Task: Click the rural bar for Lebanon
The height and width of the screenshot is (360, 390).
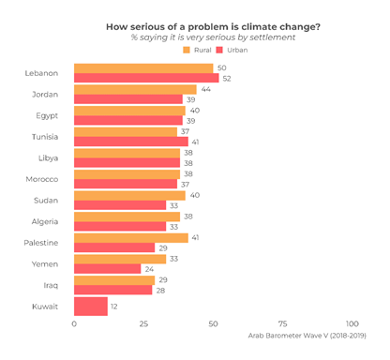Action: point(143,68)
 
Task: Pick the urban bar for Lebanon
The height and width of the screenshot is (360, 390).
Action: point(146,78)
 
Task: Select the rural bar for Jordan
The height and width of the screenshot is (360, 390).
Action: point(135,89)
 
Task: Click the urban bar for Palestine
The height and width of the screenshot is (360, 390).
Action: point(114,247)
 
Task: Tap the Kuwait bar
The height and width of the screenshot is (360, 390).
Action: point(91,306)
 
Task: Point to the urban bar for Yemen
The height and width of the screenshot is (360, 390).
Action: point(107,268)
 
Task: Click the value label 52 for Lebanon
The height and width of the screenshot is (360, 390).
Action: point(227,78)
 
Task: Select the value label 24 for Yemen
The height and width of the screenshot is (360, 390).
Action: point(149,268)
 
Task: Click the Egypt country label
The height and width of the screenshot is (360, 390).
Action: point(46,115)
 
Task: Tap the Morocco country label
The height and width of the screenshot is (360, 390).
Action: point(42,179)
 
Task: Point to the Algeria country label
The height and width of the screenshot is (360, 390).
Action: point(44,221)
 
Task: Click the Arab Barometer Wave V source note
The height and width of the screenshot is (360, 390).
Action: point(307,335)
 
